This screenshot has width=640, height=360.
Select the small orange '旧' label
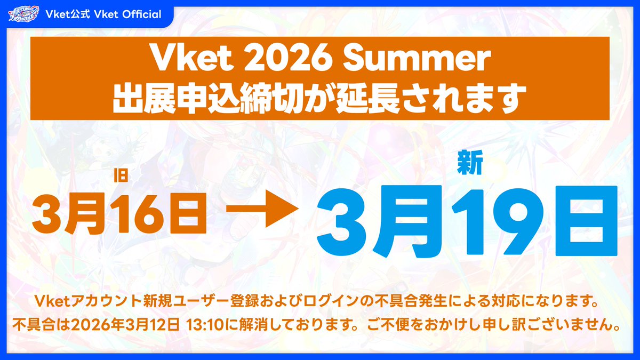click(x=121, y=176)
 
